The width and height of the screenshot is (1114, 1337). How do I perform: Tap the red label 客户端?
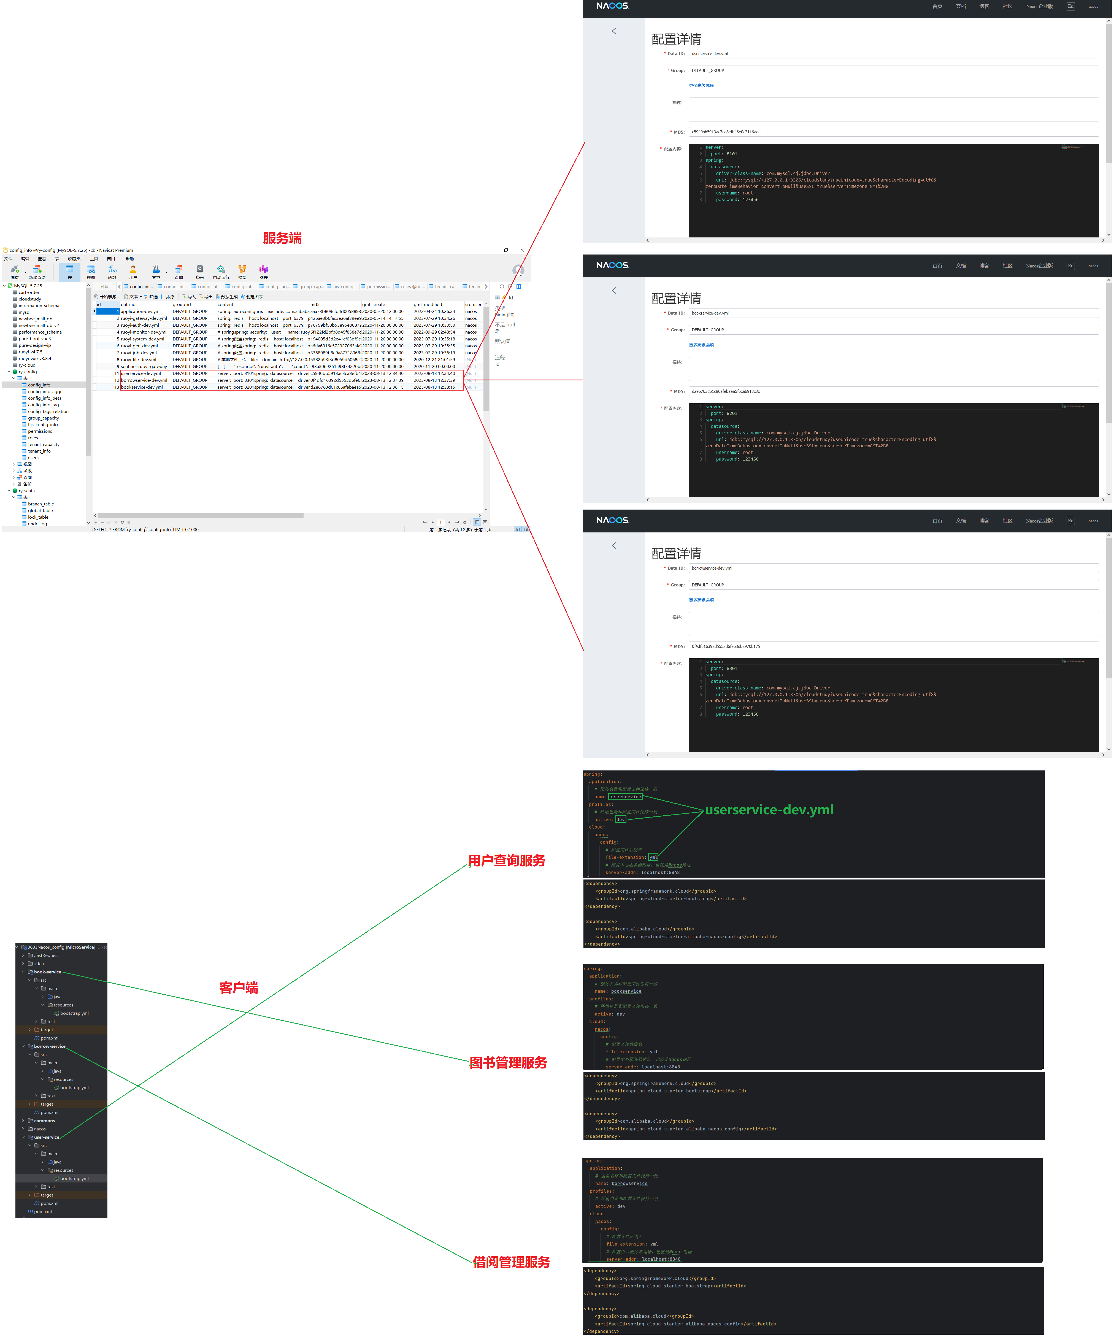click(x=239, y=987)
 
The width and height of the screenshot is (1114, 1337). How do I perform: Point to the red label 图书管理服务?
click(x=508, y=1063)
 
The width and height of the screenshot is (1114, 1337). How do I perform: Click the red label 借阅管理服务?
click(x=511, y=1262)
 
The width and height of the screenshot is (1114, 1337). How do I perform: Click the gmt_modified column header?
click(x=428, y=304)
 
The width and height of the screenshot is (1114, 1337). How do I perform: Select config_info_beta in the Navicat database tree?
click(x=45, y=398)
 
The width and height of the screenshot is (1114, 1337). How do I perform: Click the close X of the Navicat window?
click(x=522, y=250)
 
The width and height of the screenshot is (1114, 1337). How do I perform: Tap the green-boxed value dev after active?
click(x=621, y=819)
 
